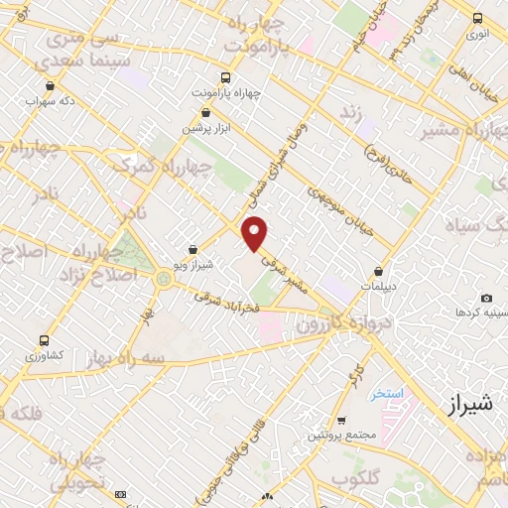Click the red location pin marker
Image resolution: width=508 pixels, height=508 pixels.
point(255,232)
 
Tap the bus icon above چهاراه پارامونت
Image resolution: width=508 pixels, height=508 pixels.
point(227,77)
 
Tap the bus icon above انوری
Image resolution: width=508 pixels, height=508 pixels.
point(478,18)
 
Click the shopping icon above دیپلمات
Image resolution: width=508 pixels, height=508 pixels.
point(379,271)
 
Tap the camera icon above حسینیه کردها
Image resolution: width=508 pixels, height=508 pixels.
point(486,298)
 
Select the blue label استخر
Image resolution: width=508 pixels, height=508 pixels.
point(388,394)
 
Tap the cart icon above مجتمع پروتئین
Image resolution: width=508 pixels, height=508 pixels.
point(341,421)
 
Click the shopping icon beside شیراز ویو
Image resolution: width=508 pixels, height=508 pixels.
point(192,250)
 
